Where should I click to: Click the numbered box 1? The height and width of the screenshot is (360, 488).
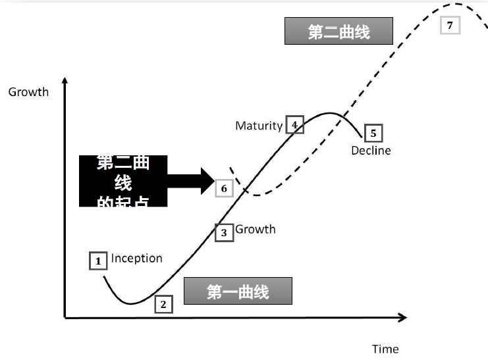(98, 261)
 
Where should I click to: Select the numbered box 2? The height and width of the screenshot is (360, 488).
(163, 304)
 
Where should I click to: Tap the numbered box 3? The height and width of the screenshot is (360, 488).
(224, 232)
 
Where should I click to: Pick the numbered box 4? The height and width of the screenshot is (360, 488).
(294, 125)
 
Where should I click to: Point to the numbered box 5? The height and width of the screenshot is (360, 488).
(373, 134)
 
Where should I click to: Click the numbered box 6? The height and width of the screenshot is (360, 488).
(224, 188)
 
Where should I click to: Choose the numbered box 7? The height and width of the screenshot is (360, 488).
(450, 25)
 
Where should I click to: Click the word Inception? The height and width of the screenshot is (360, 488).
(136, 258)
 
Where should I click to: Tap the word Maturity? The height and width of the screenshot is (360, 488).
(259, 125)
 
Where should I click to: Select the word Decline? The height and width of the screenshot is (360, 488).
(371, 151)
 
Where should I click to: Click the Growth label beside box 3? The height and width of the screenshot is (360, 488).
(256, 229)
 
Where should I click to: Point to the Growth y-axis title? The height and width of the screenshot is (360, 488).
(28, 92)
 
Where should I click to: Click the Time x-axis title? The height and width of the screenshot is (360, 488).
(385, 349)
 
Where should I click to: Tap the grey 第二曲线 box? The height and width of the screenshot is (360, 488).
(339, 32)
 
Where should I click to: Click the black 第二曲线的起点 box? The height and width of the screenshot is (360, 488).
(123, 181)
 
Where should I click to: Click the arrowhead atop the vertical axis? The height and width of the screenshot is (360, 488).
(65, 82)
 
